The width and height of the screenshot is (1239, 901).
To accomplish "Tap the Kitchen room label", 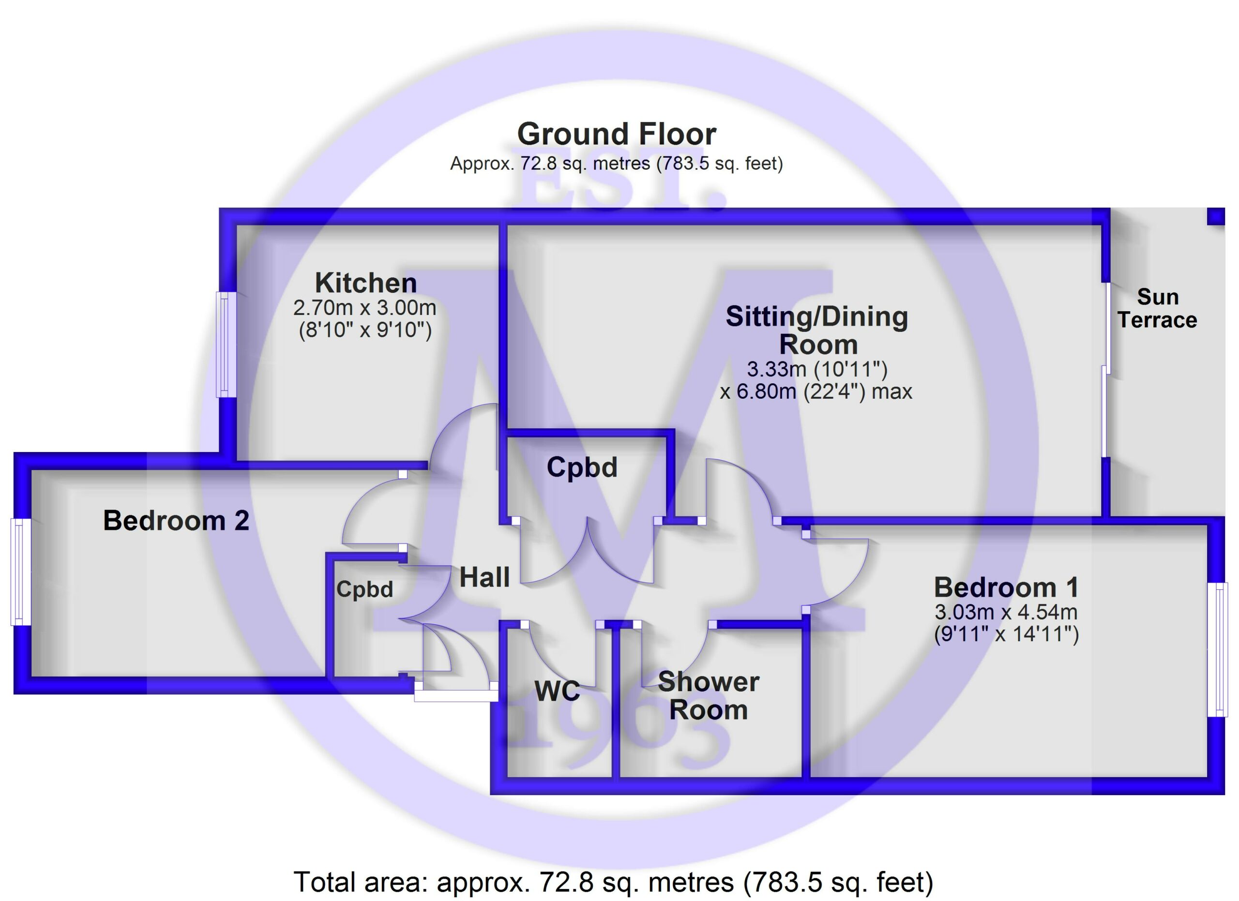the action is click(x=366, y=283).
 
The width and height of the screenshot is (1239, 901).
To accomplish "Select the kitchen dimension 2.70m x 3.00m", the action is click(x=365, y=308).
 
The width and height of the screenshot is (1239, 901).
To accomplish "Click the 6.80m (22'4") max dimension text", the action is click(x=816, y=391).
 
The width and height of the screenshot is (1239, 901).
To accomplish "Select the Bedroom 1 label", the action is click(x=1007, y=587).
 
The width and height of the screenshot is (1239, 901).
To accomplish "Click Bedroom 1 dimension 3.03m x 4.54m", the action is click(x=1006, y=612).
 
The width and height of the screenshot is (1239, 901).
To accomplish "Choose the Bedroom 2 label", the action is click(x=177, y=520).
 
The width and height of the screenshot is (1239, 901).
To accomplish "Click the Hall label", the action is click(x=484, y=577).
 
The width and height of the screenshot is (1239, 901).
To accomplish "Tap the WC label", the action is click(x=557, y=691).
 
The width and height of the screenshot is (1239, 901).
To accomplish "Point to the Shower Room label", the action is click(x=709, y=696).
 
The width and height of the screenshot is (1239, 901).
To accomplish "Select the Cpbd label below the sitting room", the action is click(x=582, y=467).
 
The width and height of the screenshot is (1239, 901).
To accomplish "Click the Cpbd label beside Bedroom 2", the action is click(x=364, y=589).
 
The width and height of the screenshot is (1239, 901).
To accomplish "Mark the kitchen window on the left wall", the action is click(x=226, y=345).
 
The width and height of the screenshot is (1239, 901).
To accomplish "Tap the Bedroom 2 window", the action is click(x=21, y=572).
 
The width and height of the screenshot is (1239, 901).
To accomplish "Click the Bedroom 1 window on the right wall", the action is click(x=1217, y=650).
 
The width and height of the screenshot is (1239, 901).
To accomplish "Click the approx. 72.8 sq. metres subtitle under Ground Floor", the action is click(x=616, y=163).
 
